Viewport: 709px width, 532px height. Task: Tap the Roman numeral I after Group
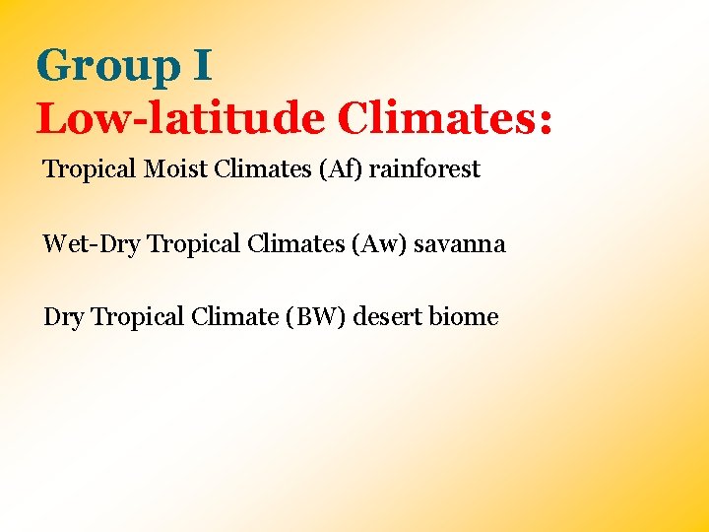pos(201,67)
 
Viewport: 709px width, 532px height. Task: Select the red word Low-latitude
pos(180,119)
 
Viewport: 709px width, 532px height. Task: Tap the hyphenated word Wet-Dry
pos(92,244)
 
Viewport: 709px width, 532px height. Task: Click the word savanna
pos(459,244)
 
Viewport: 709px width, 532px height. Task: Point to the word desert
pos(387,317)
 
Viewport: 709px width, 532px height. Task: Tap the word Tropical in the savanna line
pos(193,244)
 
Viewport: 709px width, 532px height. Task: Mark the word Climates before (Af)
pos(259,169)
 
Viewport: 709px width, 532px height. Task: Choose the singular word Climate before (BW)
pos(235,317)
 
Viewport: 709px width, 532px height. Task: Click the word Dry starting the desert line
pos(64,317)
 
